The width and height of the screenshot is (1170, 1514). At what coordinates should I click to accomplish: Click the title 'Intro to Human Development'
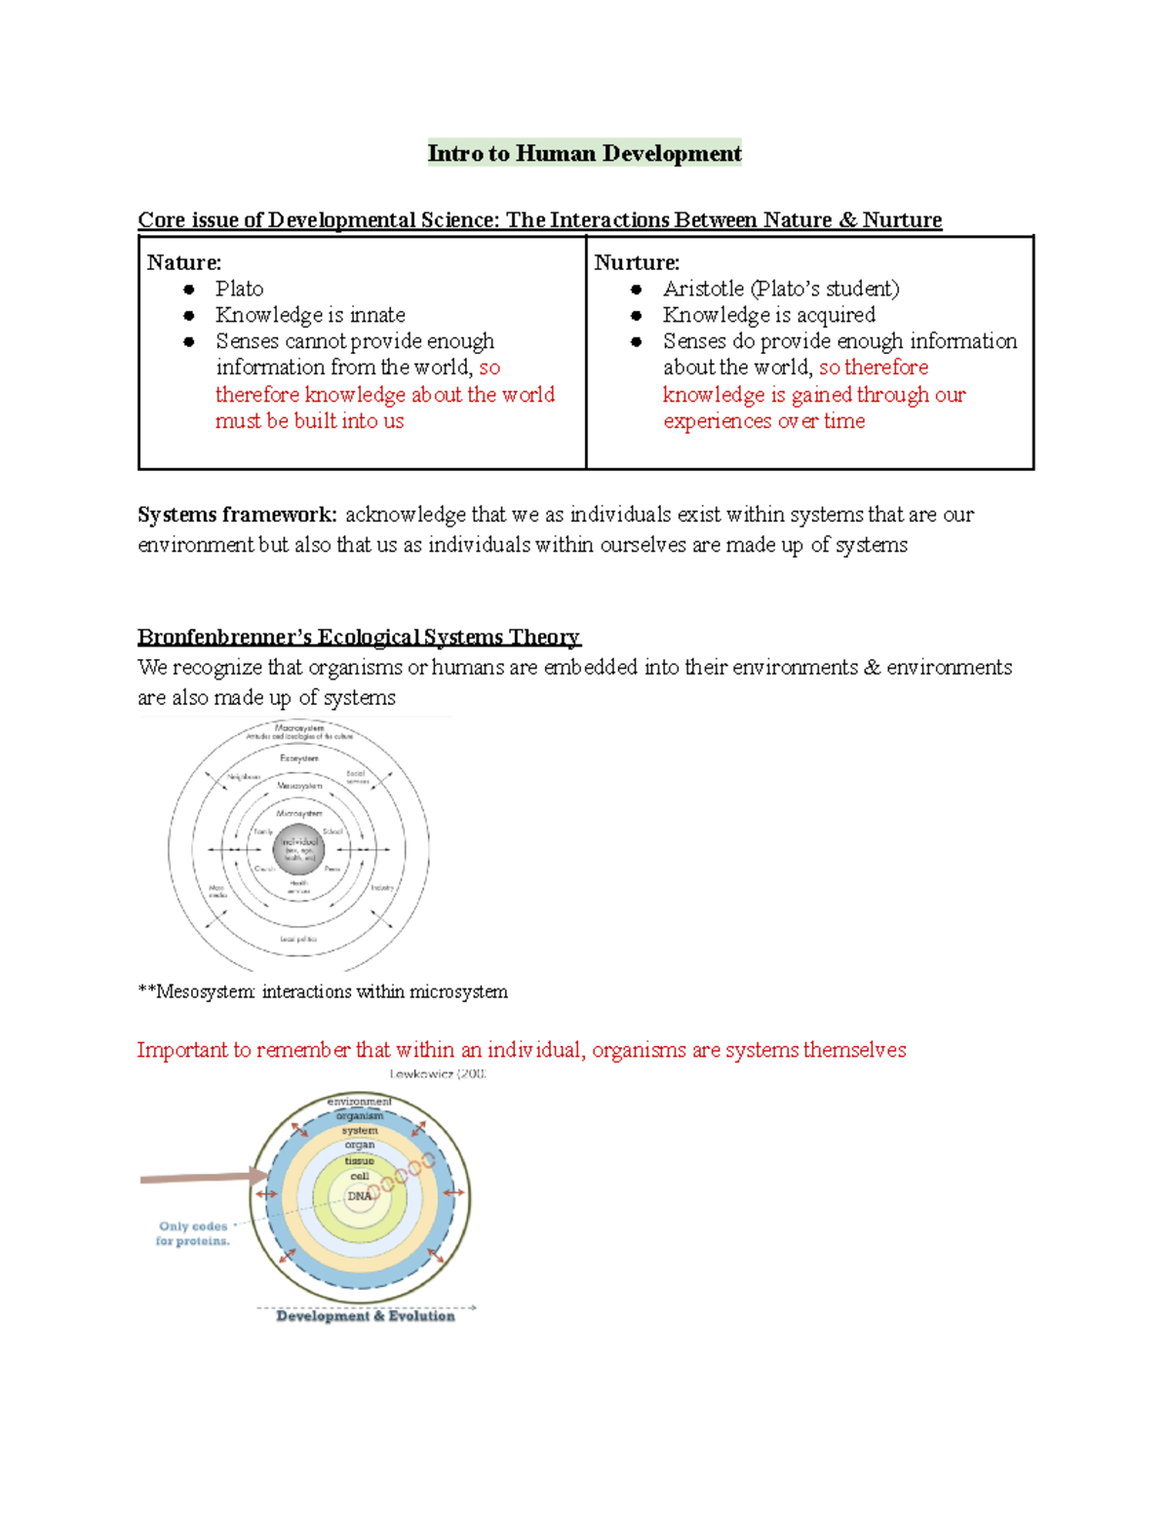click(584, 153)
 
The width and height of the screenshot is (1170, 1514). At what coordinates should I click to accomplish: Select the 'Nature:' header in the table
click(184, 262)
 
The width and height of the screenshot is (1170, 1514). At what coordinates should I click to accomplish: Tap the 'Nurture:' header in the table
click(637, 262)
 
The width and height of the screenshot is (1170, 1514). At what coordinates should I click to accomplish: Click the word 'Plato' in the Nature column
click(239, 289)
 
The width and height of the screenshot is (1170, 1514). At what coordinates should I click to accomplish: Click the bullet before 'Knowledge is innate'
click(189, 316)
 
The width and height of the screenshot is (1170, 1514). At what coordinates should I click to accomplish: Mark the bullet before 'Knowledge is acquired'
click(637, 316)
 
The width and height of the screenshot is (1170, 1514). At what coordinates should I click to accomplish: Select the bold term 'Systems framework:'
click(237, 514)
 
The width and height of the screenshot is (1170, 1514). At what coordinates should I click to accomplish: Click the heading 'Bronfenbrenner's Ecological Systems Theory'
click(359, 637)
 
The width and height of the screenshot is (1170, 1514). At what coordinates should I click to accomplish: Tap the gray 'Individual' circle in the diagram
click(298, 848)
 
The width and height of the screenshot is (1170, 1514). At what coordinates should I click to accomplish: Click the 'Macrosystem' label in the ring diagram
click(299, 727)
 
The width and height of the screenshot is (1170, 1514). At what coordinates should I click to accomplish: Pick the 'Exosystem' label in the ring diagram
click(299, 757)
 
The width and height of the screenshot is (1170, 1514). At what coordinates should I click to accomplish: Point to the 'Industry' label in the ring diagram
click(382, 887)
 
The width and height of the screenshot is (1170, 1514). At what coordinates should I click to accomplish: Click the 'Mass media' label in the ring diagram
click(216, 891)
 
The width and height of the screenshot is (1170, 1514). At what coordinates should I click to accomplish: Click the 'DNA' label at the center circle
click(359, 1196)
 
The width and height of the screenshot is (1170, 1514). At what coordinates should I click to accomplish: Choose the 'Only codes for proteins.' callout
click(193, 1233)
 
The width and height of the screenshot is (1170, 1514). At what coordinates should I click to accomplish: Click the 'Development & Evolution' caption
click(366, 1316)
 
